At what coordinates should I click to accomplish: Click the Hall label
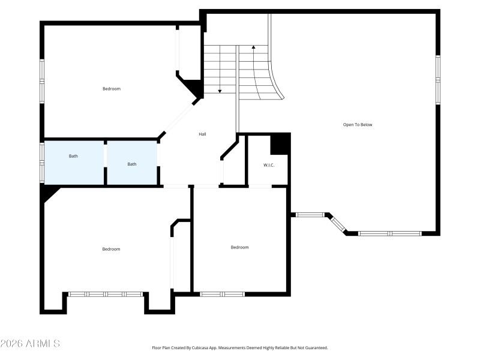[203, 134]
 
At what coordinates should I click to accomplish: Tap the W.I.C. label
[269, 165]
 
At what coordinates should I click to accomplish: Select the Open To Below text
[358, 125]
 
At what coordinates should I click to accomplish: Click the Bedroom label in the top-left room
[112, 89]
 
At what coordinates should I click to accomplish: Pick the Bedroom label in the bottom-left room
[111, 249]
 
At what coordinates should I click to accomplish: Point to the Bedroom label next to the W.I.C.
[240, 247]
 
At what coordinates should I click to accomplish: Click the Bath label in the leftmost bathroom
[73, 156]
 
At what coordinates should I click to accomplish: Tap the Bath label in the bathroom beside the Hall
[132, 164]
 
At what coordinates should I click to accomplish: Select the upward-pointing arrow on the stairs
[254, 47]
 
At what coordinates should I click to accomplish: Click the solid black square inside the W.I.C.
[280, 144]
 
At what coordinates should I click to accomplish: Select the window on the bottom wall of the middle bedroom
[222, 294]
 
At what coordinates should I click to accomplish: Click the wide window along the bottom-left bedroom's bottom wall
[105, 294]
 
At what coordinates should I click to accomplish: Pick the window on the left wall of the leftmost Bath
[42, 162]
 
